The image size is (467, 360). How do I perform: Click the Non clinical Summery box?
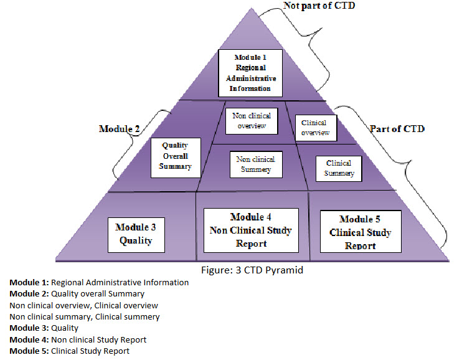tap(256, 164)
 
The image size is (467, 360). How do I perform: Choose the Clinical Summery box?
tap(339, 168)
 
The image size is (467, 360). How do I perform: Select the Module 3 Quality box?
tap(136, 235)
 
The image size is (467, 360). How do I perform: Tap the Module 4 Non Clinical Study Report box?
tap(251, 230)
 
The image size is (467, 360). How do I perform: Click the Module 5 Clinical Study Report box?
tap(360, 231)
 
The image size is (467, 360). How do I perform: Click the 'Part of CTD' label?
tap(397, 129)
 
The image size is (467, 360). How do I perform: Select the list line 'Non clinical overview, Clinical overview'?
tap(83, 305)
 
